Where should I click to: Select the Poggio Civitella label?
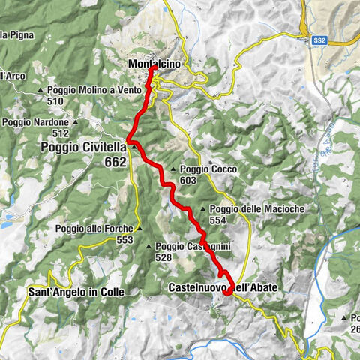[82, 148]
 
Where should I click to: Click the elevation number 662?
[115, 162]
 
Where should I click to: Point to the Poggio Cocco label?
[208, 169]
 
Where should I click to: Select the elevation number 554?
[218, 220]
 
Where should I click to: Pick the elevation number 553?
[124, 240]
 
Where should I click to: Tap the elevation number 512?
[61, 133]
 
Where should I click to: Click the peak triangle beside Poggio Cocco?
[173, 169]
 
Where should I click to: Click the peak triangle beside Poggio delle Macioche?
[203, 209]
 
